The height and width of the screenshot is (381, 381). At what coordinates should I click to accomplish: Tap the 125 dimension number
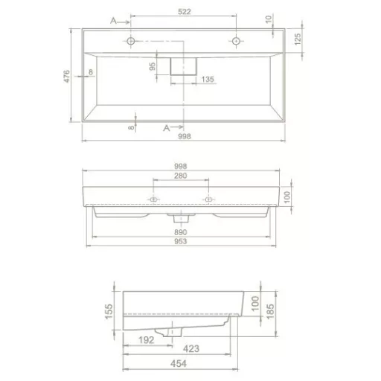(x=298, y=37)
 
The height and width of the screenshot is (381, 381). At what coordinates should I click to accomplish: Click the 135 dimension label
(x=208, y=79)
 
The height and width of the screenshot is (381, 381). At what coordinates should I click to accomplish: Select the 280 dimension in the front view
(x=181, y=176)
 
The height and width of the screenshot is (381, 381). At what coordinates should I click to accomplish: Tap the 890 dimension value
(x=181, y=233)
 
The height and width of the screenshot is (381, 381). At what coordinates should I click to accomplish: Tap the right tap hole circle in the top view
(x=236, y=41)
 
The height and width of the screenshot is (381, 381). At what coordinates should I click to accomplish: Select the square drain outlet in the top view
(x=183, y=66)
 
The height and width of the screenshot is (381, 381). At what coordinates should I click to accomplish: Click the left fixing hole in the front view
(x=154, y=199)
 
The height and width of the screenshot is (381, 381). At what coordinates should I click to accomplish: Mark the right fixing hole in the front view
(x=208, y=199)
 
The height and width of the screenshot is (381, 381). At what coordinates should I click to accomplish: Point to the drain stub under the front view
(x=181, y=218)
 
